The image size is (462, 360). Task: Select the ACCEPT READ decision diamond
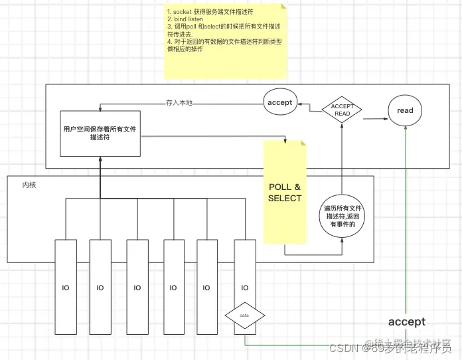(341, 110)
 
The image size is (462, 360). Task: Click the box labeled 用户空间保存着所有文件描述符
(100, 134)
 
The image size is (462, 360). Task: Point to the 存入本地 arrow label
(179, 103)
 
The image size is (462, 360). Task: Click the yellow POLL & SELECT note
(285, 193)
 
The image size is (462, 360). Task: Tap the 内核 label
(29, 185)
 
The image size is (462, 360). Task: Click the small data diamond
(245, 315)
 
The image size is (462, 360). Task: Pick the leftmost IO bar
(66, 288)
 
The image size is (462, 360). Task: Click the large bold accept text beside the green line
(406, 321)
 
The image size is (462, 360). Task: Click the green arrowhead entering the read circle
(405, 132)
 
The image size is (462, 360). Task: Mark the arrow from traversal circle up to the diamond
(341, 159)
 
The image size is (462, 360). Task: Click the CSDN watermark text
(343, 347)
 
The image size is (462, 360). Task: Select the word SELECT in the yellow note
(285, 198)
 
